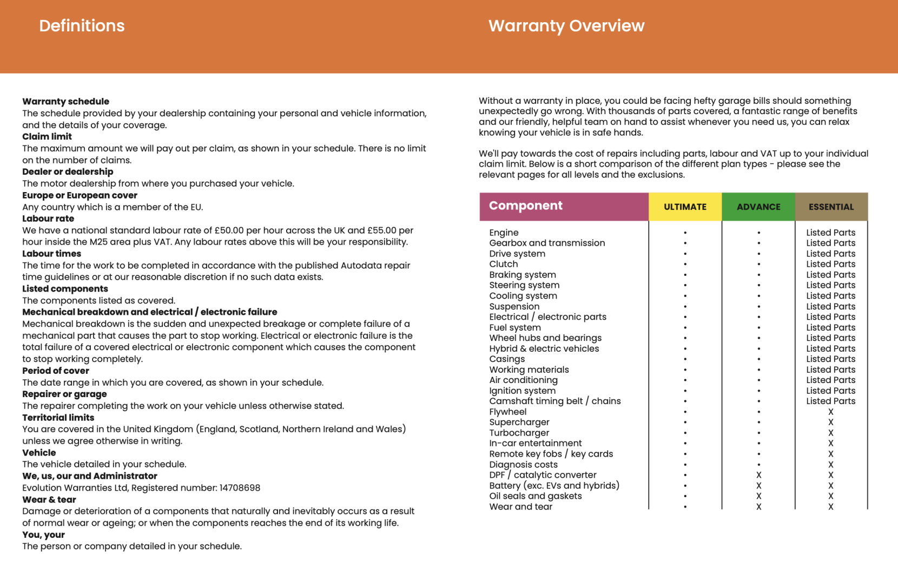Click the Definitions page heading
82,26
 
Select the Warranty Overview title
566,26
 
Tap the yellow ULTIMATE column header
685,207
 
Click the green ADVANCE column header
758,207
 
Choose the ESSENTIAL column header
831,207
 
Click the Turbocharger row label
519,433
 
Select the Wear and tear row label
521,507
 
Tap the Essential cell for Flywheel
831,412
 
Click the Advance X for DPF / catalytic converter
758,475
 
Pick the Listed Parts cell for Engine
831,233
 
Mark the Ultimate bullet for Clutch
685,265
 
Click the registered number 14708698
240,488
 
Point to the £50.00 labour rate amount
229,230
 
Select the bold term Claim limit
47,137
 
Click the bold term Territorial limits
58,418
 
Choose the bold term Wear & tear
49,500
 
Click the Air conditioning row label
523,380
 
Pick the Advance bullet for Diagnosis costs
758,465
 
